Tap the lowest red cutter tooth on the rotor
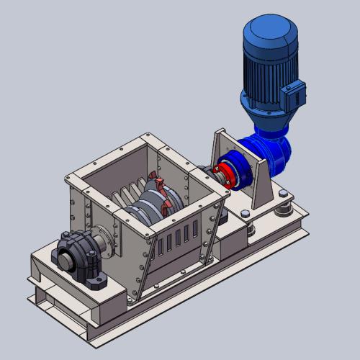click(x=167, y=209)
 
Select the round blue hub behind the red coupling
click(x=240, y=173)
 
